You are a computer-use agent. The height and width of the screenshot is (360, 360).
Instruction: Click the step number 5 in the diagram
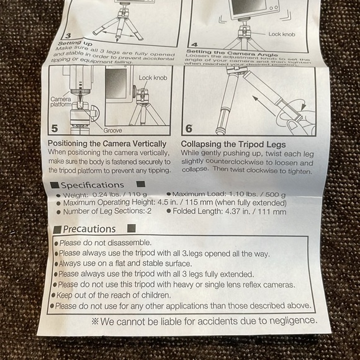[54, 128]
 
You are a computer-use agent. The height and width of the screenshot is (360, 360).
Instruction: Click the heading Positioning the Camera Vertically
[107, 143]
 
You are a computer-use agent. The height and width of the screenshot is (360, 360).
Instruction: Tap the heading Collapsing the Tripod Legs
[233, 143]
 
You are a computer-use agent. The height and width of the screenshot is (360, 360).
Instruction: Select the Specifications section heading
[92, 185]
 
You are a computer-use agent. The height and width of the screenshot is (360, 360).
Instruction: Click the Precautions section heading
[89, 229]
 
